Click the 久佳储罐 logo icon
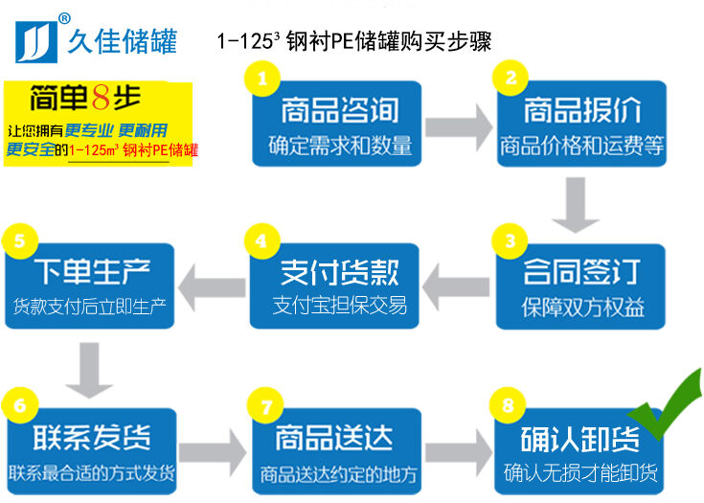click(x=35, y=38)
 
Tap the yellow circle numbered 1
click(x=262, y=78)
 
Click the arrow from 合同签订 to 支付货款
click(x=458, y=284)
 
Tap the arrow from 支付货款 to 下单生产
click(x=212, y=284)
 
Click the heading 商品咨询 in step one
click(x=340, y=112)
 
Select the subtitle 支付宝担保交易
click(x=340, y=306)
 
